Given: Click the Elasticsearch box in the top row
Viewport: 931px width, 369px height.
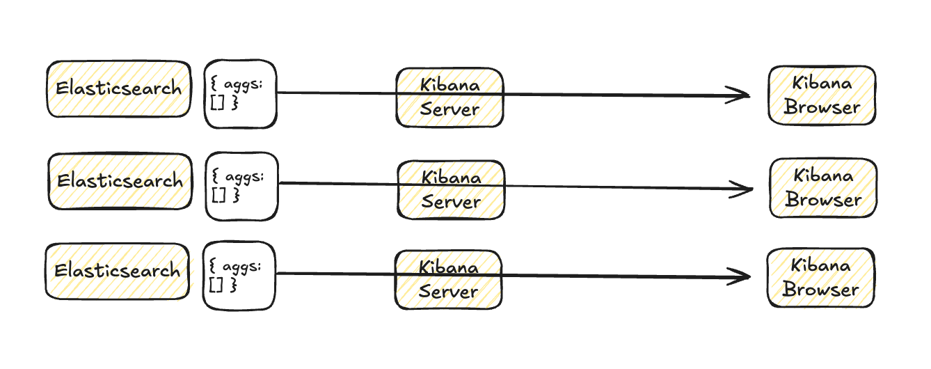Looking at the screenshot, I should click(119, 88).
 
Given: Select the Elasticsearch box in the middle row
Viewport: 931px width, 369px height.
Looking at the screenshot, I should click(120, 181).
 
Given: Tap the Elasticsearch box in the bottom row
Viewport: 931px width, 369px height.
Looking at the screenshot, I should click(118, 271).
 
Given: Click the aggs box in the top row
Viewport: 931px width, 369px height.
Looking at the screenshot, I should click(240, 94).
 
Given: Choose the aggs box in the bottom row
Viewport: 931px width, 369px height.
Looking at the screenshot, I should click(239, 276).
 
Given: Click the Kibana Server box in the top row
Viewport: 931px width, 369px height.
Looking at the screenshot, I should click(449, 97).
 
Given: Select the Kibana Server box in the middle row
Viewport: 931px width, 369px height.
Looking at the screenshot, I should click(451, 190).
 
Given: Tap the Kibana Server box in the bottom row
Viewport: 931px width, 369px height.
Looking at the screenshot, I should click(448, 279).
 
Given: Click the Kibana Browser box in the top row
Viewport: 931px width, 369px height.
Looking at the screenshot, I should click(822, 95).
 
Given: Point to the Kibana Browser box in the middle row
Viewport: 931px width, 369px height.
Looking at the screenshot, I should click(823, 188).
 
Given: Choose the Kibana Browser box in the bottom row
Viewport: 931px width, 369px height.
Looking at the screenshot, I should click(820, 277).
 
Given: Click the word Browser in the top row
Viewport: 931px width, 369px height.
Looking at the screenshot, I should click(822, 108).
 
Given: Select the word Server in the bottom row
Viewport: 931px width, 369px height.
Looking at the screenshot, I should click(448, 292).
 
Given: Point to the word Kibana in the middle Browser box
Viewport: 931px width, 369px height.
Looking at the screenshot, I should click(823, 175).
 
